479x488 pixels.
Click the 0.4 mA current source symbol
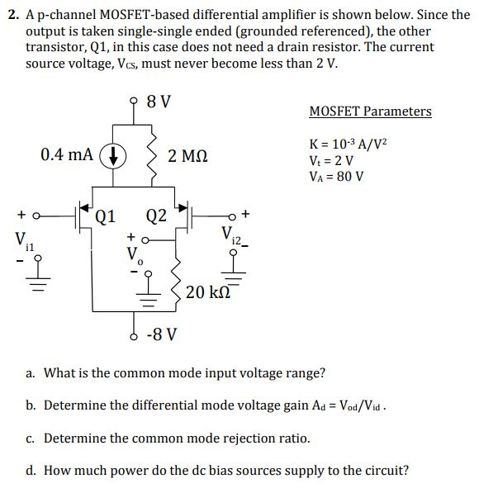coord(112,155)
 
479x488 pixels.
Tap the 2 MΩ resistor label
coord(187,156)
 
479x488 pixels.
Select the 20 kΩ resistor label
coord(208,292)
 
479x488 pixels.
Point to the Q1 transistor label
coord(105,216)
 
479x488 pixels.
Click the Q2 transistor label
coord(156,216)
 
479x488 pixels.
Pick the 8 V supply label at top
coord(159,102)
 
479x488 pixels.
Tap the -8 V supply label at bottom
coord(162,334)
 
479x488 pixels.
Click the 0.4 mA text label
coord(67,154)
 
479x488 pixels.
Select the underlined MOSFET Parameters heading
coord(370,111)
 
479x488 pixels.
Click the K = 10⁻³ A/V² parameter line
coord(349,144)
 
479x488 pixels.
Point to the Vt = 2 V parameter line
coord(331,160)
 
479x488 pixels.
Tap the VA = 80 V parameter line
coord(336,177)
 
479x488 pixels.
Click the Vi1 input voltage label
coord(25,242)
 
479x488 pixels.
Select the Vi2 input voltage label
coord(231,235)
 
